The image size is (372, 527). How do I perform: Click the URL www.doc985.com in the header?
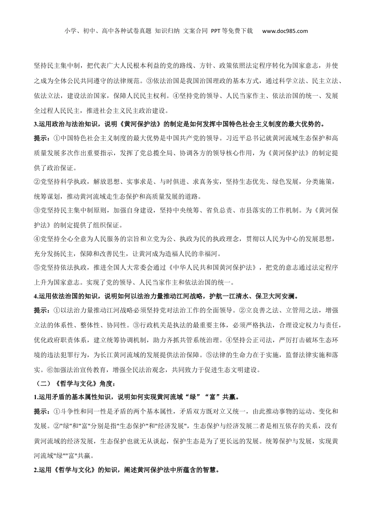point(285,31)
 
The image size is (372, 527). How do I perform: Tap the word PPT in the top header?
point(217,31)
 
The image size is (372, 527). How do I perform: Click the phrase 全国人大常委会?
point(148,268)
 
